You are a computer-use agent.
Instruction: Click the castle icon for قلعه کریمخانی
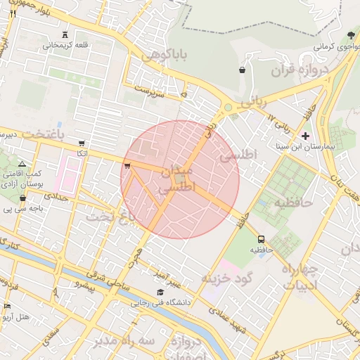pyautogui.click(x=66, y=35)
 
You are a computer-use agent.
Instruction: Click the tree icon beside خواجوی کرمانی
pyautogui.click(x=351, y=35)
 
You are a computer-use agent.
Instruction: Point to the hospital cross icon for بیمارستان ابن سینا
pyautogui.click(x=305, y=135)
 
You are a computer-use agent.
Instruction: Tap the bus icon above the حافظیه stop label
pyautogui.click(x=262, y=239)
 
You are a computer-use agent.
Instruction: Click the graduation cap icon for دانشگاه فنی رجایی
pyautogui.click(x=160, y=292)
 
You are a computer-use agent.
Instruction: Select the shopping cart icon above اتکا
pyautogui.click(x=82, y=143)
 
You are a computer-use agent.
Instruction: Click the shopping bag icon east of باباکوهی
pyautogui.click(x=243, y=70)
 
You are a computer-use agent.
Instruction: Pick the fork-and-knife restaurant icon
pyautogui.click(x=13, y=13)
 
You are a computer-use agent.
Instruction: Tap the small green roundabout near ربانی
pyautogui.click(x=228, y=108)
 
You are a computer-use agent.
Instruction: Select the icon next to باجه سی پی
pyautogui.click(x=23, y=198)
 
